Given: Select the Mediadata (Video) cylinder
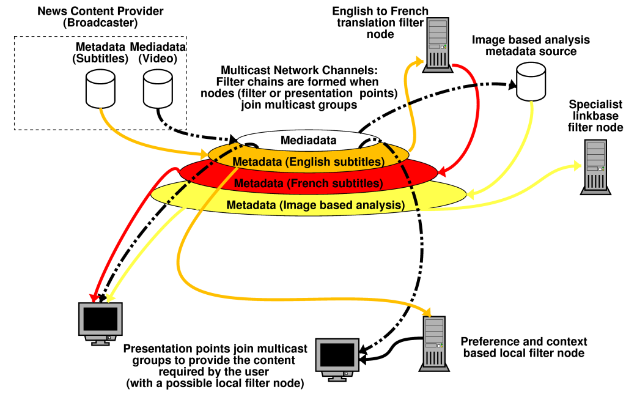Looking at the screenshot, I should tap(157, 87).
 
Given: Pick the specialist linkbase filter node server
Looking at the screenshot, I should tap(595, 167).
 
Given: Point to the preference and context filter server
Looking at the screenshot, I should tap(434, 343).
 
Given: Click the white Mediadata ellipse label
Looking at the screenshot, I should tap(308, 140).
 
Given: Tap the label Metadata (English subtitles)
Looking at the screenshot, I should tap(308, 162).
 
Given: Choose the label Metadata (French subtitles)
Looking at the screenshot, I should tap(308, 183).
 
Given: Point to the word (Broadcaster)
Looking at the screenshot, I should tap(100, 23).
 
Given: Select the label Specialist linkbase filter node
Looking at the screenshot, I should tap(595, 116).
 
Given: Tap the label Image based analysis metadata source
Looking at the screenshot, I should tap(531, 45).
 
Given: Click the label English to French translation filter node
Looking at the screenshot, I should tap(380, 23).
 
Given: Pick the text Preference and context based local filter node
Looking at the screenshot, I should tap(524, 347).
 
